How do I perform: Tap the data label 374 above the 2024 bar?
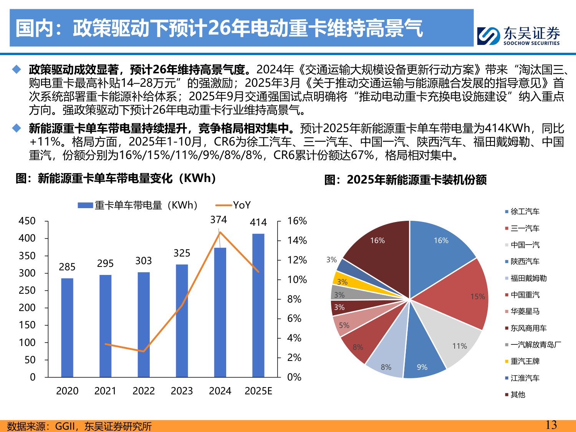[x=218, y=220]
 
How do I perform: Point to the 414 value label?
[x=258, y=223]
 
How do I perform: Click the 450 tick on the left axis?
[x=27, y=221]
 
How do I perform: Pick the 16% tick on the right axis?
[x=297, y=221]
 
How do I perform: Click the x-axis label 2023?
[x=182, y=391]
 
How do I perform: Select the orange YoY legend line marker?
[x=224, y=205]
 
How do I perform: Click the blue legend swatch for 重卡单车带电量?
[x=85, y=205]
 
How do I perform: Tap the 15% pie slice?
[x=461, y=294]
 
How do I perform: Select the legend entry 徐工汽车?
[x=525, y=212]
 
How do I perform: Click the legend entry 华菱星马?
[x=525, y=311]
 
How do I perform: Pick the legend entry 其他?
[x=518, y=394]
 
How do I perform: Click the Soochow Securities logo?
[x=518, y=36]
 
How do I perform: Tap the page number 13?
[x=551, y=425]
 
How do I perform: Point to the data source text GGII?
[x=65, y=426]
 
